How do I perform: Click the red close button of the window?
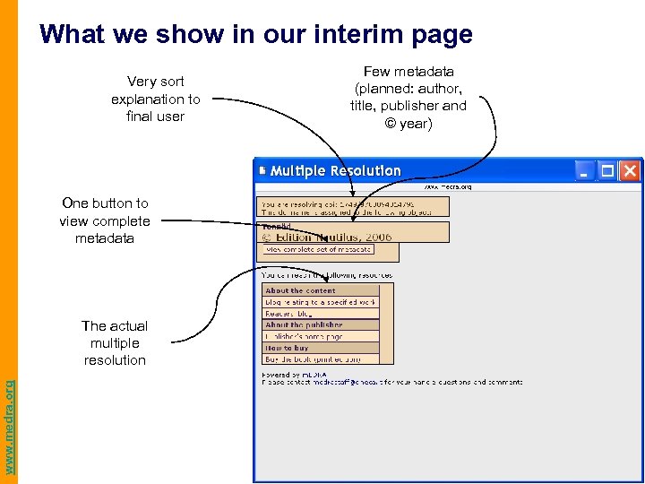tap(630, 170)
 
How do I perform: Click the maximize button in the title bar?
tap(607, 170)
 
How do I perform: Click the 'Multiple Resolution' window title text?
tap(336, 170)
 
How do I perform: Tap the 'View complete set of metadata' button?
tap(319, 249)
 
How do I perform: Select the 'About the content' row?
tap(321, 290)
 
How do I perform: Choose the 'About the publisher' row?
tap(321, 324)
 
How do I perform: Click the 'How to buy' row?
tap(321, 348)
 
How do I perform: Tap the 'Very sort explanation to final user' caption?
tap(156, 99)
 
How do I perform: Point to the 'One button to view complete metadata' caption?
tap(105, 220)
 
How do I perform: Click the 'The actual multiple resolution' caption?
tap(115, 342)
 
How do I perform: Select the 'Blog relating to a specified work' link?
tap(321, 302)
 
